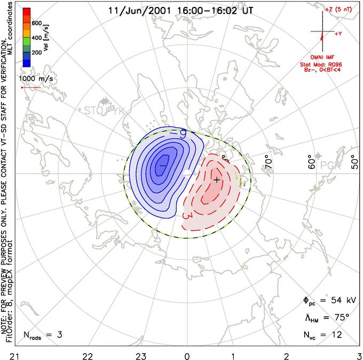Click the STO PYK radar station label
coord(105,111)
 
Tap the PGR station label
coord(331,165)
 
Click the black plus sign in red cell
coord(217,181)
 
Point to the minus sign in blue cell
coord(162,166)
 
